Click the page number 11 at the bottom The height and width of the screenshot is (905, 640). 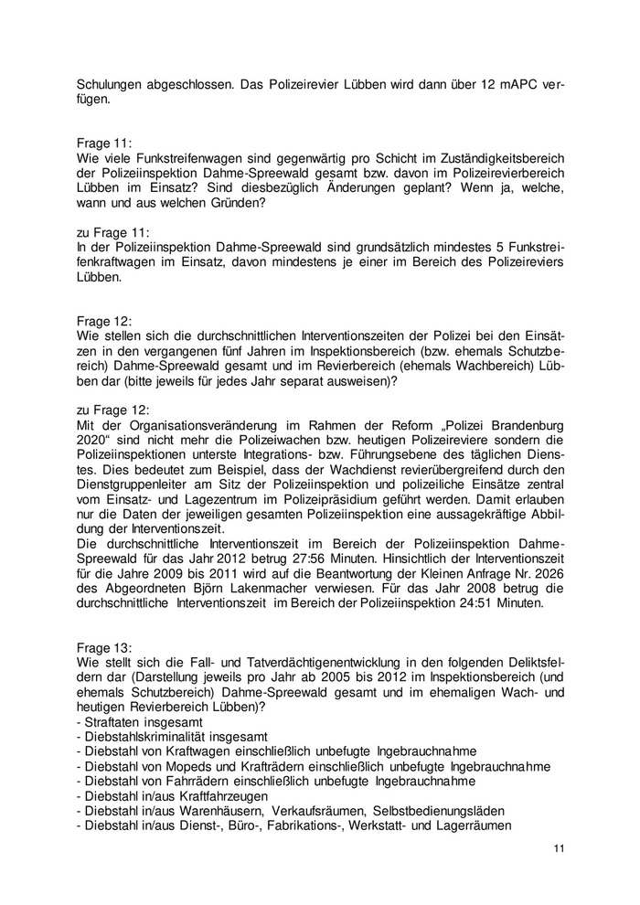click(559, 849)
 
